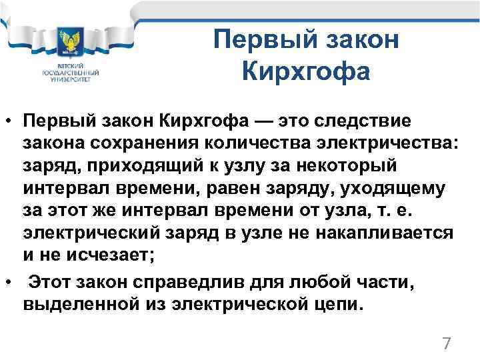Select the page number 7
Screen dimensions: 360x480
coord(447,344)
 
